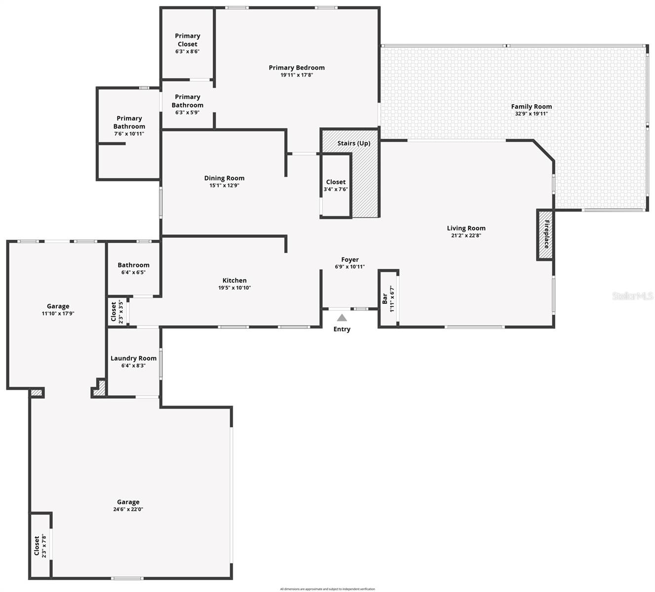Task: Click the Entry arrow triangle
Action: tap(342, 318)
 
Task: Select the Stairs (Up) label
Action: tap(353, 143)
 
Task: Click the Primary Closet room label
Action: tap(188, 40)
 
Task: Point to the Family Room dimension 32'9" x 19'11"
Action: tap(531, 113)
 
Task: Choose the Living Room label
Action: tap(466, 228)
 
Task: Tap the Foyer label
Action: tap(350, 259)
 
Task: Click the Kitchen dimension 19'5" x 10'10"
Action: tap(234, 288)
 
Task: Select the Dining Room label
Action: tap(224, 178)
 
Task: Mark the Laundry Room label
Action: tap(133, 358)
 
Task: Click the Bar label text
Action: tap(385, 298)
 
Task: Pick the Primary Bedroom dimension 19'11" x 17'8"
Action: tap(297, 75)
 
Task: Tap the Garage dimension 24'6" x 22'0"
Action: tap(128, 509)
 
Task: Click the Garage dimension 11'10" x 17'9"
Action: tap(58, 313)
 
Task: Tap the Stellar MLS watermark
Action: tap(633, 296)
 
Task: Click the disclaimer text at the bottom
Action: tap(327, 589)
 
